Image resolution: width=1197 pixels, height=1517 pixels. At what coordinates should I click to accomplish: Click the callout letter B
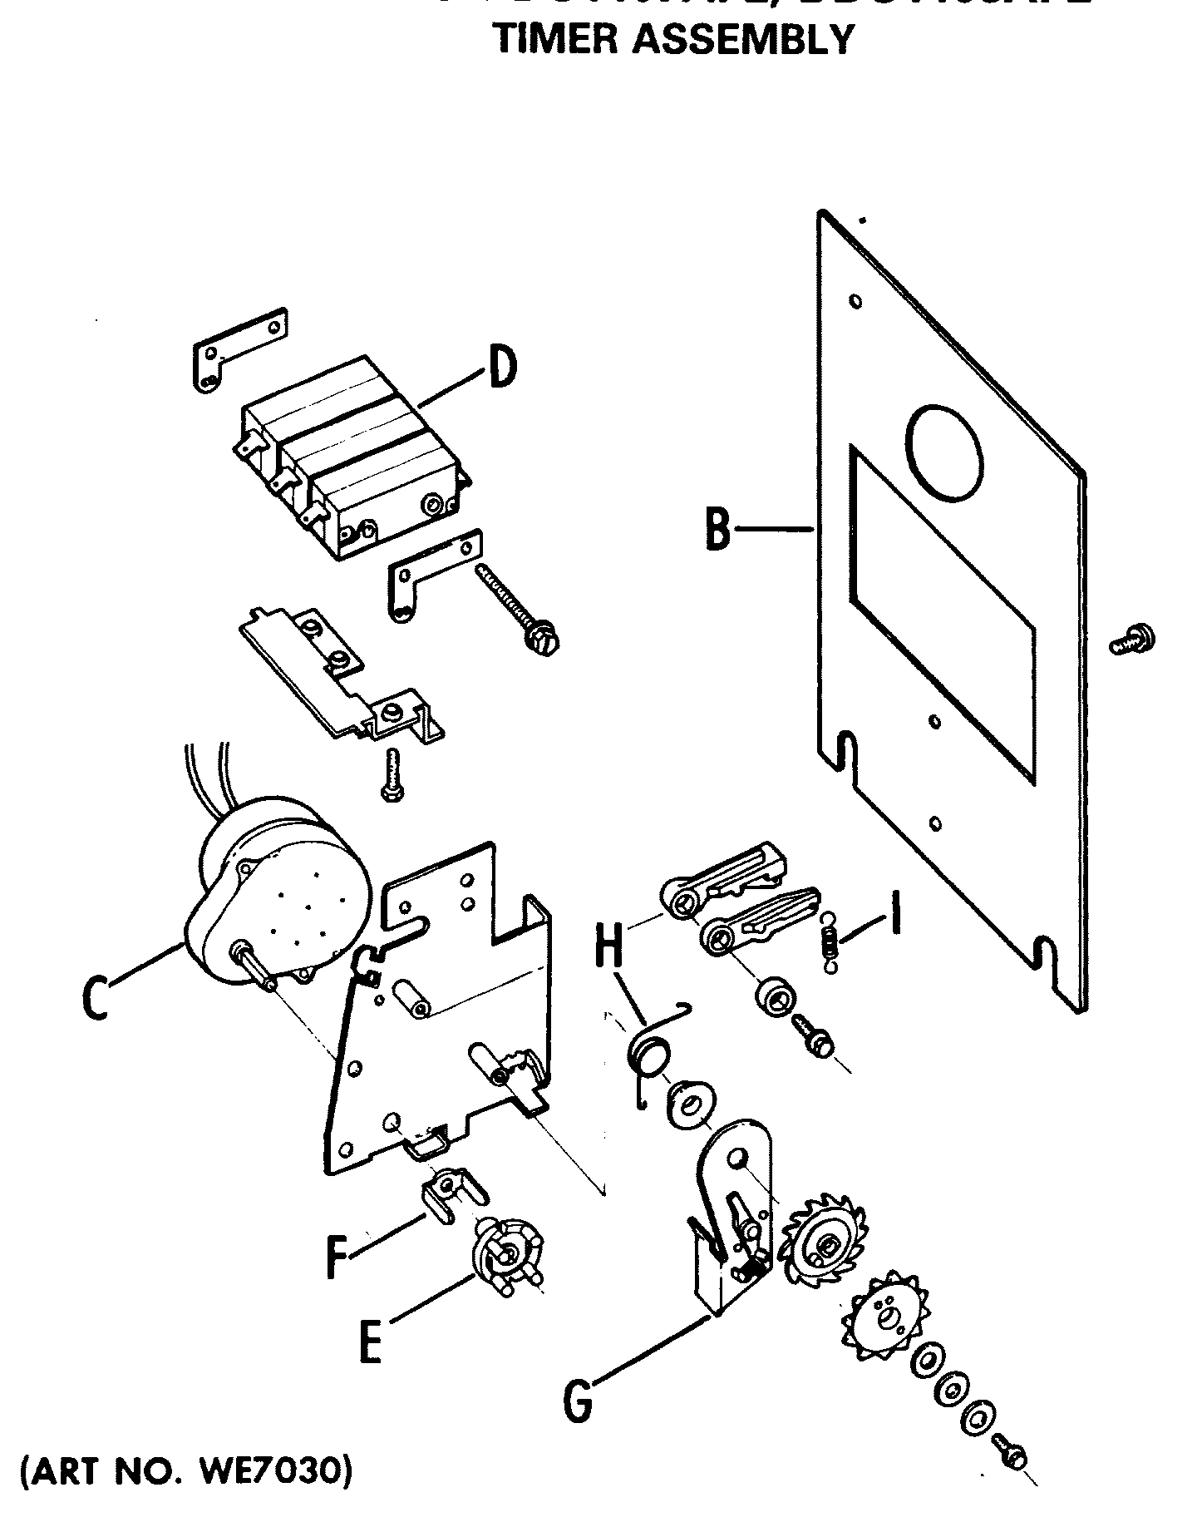click(717, 527)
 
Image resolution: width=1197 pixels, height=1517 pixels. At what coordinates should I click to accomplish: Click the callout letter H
click(611, 945)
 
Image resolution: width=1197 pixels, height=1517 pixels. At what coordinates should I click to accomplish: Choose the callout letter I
click(894, 912)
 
